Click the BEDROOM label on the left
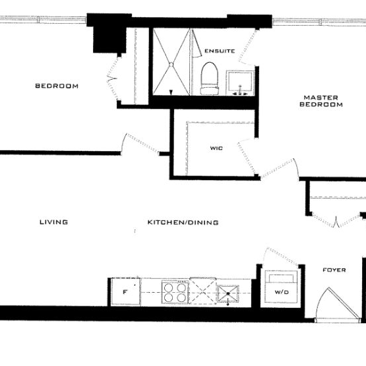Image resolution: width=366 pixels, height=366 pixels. pos(57,86)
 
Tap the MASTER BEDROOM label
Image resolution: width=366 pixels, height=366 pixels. pos(321,100)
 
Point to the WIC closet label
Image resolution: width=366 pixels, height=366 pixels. pos(216,148)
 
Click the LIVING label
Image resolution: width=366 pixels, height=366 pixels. pos(53,222)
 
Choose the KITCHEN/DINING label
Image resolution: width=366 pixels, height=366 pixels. pos(183,223)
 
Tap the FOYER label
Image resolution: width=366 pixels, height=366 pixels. pos(334,270)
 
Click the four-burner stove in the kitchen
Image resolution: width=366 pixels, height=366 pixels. pos(174,291)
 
